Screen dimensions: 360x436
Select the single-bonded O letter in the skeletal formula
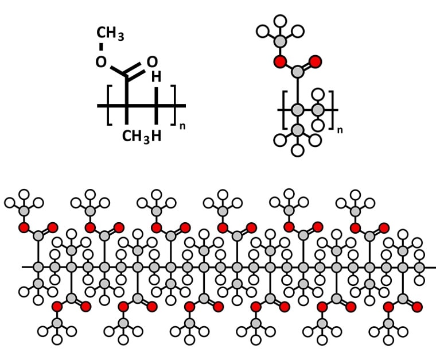(102, 61)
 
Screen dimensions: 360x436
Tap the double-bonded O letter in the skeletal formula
(151, 61)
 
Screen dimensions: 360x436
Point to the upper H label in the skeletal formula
(156, 77)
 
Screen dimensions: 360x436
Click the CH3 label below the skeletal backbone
(135, 136)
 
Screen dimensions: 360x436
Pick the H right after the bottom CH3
(156, 136)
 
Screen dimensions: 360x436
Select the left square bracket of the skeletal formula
(109, 105)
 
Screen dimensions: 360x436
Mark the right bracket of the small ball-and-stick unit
(332, 109)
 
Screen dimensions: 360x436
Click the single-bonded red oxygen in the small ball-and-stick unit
(280, 61)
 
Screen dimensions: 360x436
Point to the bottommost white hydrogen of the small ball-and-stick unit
(297, 151)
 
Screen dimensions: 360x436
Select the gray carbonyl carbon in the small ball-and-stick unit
(297, 72)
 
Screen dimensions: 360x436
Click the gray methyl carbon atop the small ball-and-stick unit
(280, 41)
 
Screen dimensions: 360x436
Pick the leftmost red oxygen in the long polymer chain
(24, 227)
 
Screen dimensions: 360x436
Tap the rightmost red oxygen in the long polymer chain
(417, 306)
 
